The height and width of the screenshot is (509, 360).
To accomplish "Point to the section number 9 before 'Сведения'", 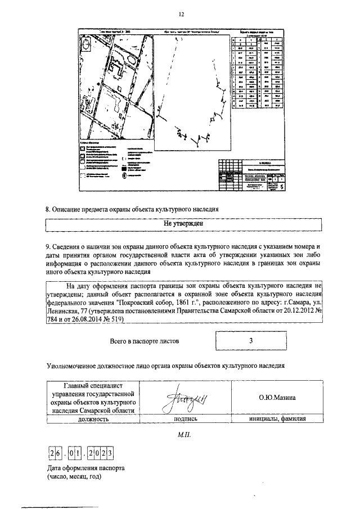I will (47, 246).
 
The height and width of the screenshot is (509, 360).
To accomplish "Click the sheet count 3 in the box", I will (250, 341).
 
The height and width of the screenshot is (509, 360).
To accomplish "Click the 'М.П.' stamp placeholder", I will (185, 435).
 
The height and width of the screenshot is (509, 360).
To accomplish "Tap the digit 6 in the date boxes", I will (57, 454).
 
